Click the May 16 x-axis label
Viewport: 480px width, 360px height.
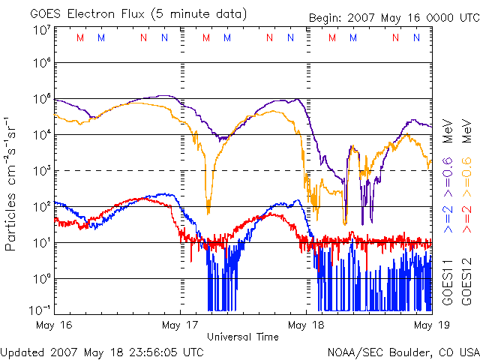point(54,325)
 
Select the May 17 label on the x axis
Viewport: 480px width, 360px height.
point(180,325)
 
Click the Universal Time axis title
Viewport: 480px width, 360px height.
point(243,337)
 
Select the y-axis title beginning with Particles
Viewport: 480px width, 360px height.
point(13,184)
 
